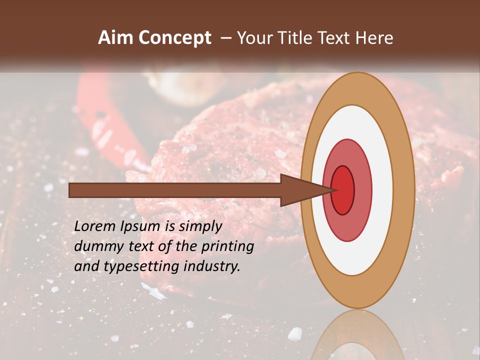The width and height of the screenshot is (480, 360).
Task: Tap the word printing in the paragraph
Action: coord(227,246)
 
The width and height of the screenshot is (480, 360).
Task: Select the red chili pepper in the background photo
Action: coord(115,125)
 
